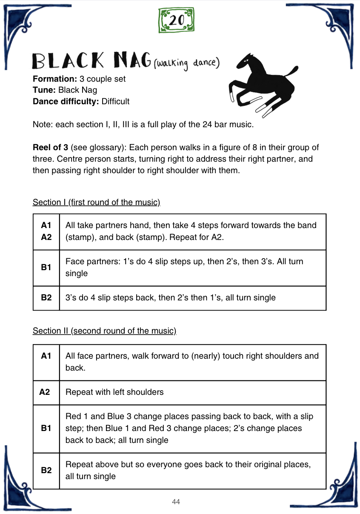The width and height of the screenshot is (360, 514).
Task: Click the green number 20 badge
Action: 176,20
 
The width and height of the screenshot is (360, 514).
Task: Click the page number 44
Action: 176,502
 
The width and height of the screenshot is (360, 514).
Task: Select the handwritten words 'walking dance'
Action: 188,64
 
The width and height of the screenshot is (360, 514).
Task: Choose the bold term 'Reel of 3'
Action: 50,148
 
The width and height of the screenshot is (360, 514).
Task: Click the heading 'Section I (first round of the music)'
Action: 96,202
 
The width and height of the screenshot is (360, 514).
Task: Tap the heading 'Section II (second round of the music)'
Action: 104,331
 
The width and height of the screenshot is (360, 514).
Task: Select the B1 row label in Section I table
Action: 46,268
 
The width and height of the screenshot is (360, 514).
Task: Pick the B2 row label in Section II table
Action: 46,470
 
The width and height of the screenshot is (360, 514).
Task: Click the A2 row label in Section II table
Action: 45,392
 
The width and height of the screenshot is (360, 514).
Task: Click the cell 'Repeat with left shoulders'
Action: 114,392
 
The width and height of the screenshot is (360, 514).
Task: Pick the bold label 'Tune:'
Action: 44,90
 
